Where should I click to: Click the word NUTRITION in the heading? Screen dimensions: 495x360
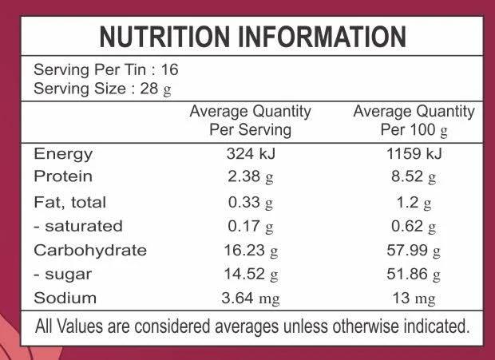pyautogui.click(x=164, y=37)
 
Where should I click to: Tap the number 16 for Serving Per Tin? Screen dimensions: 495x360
pyautogui.click(x=170, y=69)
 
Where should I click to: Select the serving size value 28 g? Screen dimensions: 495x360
pyautogui.click(x=156, y=89)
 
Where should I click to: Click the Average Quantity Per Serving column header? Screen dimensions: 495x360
pyautogui.click(x=251, y=121)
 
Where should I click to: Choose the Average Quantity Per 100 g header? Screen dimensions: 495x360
pyautogui.click(x=414, y=121)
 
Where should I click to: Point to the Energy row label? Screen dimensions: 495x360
pyautogui.click(x=63, y=154)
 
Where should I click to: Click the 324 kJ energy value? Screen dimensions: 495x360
pyautogui.click(x=251, y=154)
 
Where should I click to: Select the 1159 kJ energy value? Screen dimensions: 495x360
pyautogui.click(x=414, y=154)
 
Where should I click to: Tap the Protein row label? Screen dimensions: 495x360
pyautogui.click(x=63, y=176)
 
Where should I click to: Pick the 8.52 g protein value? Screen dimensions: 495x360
pyautogui.click(x=414, y=177)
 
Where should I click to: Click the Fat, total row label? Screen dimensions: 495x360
pyautogui.click(x=69, y=203)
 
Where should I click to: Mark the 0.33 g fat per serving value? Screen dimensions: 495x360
pyautogui.click(x=251, y=203)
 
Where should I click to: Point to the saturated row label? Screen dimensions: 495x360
pyautogui.click(x=78, y=226)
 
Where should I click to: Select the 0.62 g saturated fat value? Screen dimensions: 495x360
pyautogui.click(x=414, y=227)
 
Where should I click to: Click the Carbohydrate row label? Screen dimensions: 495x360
pyautogui.click(x=90, y=251)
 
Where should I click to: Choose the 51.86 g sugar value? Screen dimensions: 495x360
pyautogui.click(x=414, y=275)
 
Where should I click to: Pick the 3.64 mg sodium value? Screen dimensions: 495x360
pyautogui.click(x=251, y=299)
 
